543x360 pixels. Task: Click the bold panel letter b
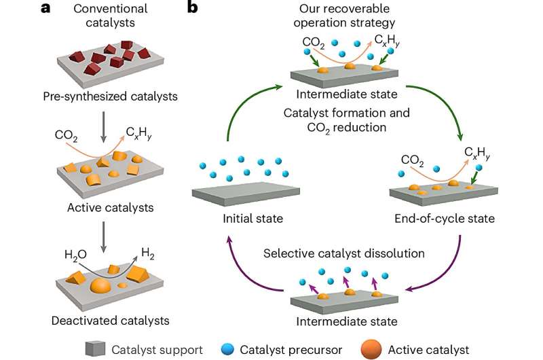(x=193, y=9)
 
